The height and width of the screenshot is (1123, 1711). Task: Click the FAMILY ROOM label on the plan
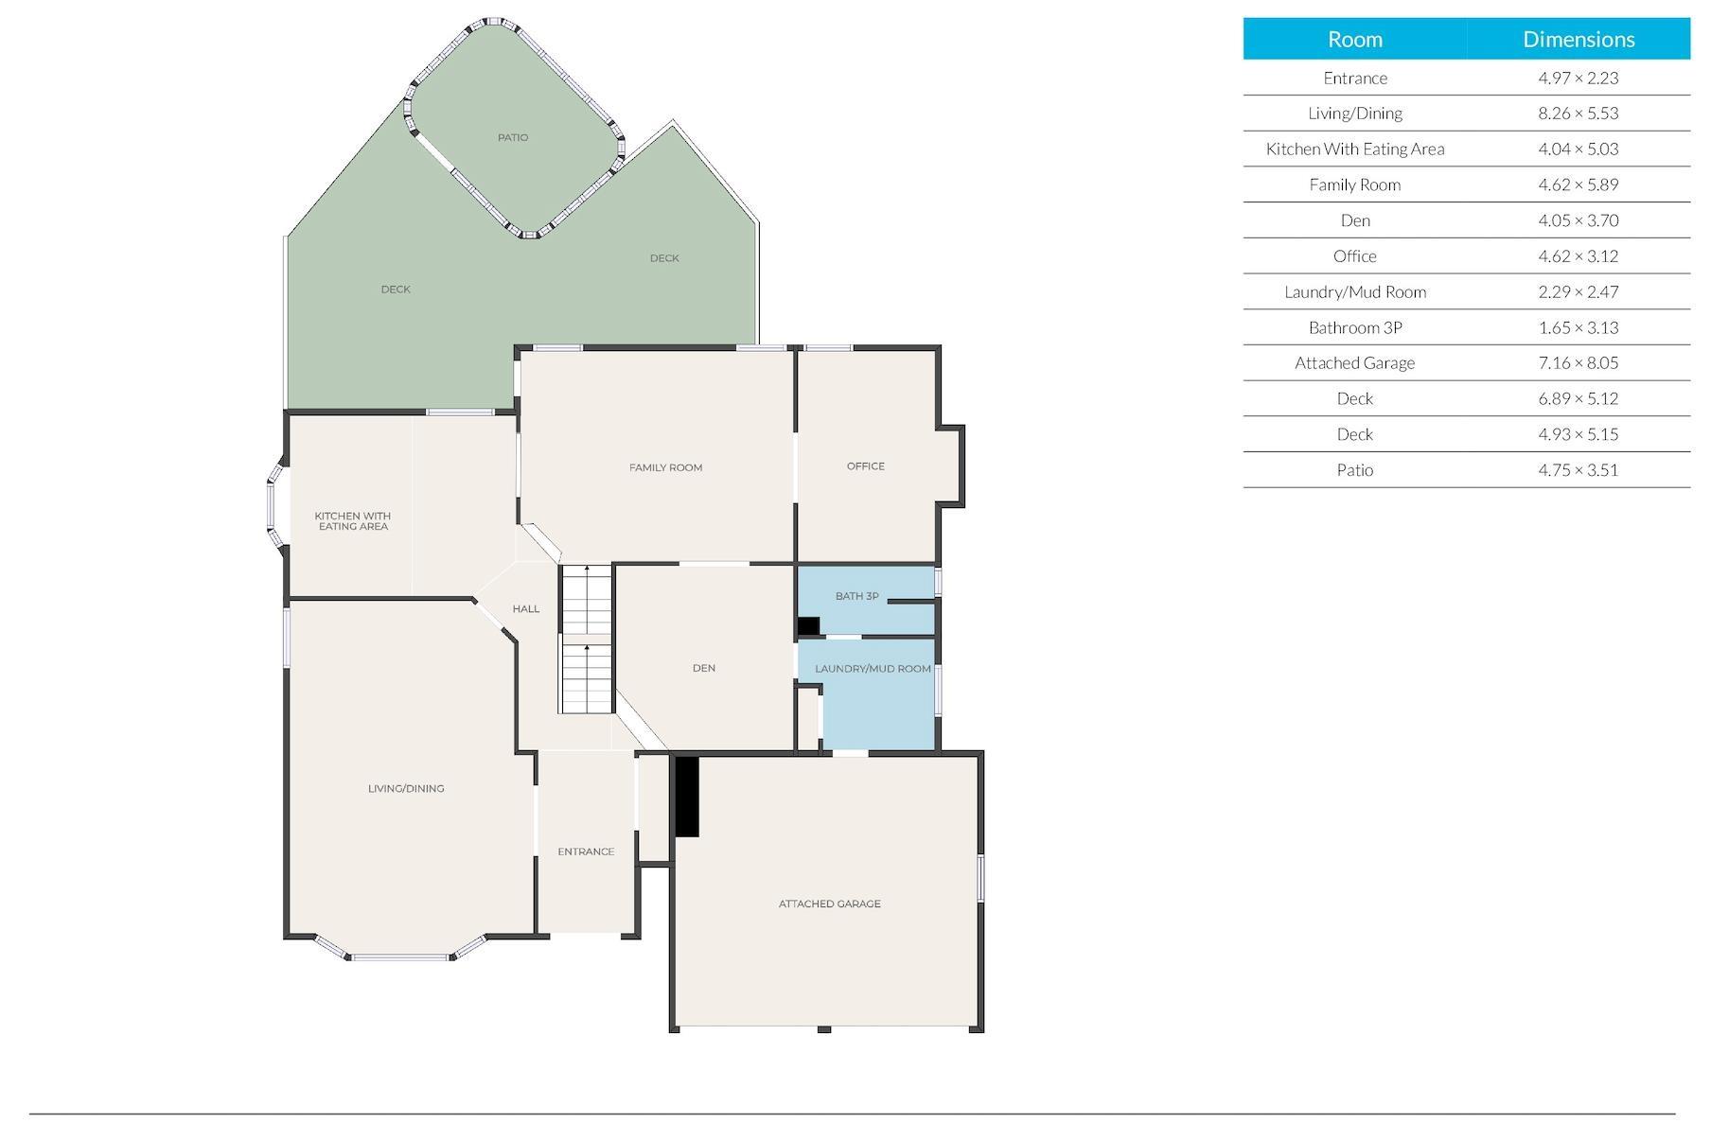(665, 467)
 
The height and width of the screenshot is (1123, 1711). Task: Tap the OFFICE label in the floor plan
(866, 466)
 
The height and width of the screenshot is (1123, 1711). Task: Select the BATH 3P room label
(856, 596)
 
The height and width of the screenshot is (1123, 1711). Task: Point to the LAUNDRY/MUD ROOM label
(873, 669)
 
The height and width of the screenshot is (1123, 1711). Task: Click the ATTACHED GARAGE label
(829, 904)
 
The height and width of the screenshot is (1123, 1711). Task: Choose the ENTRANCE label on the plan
(586, 851)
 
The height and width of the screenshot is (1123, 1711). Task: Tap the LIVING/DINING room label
(406, 788)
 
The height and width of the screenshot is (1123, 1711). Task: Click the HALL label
(526, 608)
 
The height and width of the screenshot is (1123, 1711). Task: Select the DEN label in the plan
(704, 668)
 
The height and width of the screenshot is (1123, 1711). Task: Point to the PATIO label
(513, 137)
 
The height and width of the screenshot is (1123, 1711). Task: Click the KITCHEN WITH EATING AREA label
(353, 521)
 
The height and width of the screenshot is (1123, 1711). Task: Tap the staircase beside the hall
(587, 640)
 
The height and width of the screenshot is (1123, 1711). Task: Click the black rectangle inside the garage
(686, 797)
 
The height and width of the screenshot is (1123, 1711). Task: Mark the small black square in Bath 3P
(808, 625)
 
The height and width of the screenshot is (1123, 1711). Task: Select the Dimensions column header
(1579, 39)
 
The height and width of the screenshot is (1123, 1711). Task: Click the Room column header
(1355, 39)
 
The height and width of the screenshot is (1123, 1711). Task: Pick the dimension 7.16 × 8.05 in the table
(1579, 362)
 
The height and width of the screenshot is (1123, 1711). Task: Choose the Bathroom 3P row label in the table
(1355, 327)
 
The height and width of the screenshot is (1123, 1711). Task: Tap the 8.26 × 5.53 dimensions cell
(1579, 113)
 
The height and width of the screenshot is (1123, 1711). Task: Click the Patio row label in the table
(1355, 469)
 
